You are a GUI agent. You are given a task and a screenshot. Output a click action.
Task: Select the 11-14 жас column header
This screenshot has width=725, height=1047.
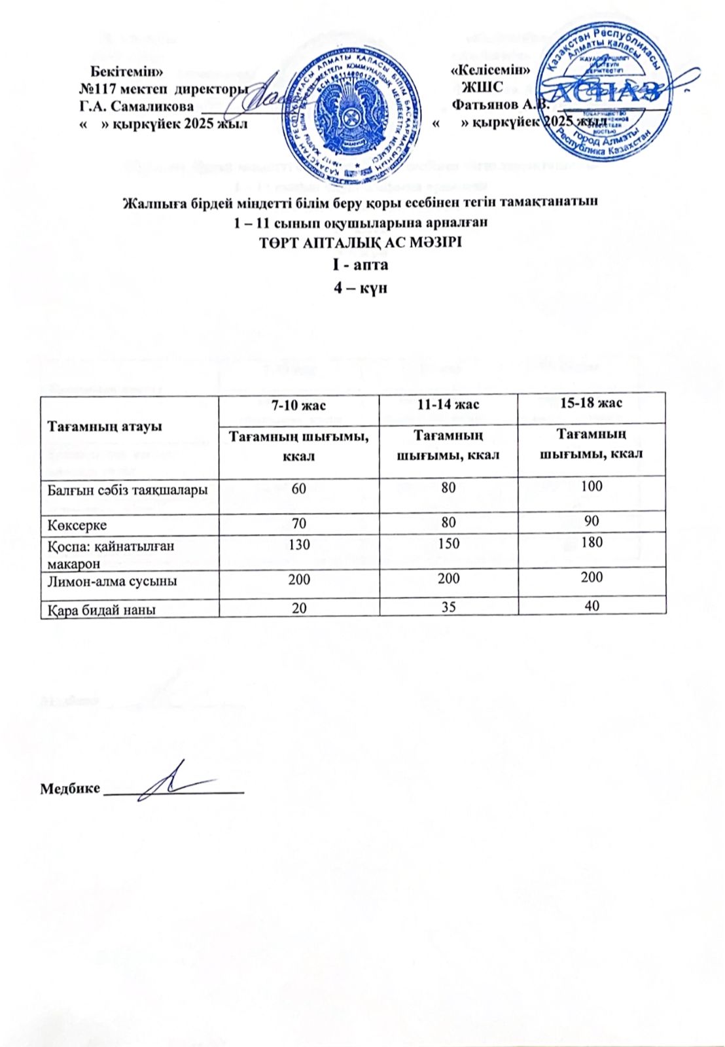point(448,405)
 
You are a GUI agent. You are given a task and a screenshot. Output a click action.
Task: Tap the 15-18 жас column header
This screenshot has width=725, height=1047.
point(592,402)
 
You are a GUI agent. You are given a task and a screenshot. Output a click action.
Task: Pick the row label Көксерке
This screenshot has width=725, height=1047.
point(77,525)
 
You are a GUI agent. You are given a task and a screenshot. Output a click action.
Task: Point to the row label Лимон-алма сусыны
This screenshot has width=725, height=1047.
point(112,580)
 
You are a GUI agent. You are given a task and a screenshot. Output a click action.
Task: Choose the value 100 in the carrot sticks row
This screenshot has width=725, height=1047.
point(592,486)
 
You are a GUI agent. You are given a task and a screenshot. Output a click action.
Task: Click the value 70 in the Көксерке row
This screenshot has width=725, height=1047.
point(299,523)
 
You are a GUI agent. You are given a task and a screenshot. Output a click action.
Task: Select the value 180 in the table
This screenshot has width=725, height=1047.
point(592,542)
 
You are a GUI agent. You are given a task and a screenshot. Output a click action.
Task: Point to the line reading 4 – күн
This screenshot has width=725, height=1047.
point(361,287)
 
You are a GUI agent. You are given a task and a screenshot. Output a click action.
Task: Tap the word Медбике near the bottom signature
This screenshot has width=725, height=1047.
point(70,789)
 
